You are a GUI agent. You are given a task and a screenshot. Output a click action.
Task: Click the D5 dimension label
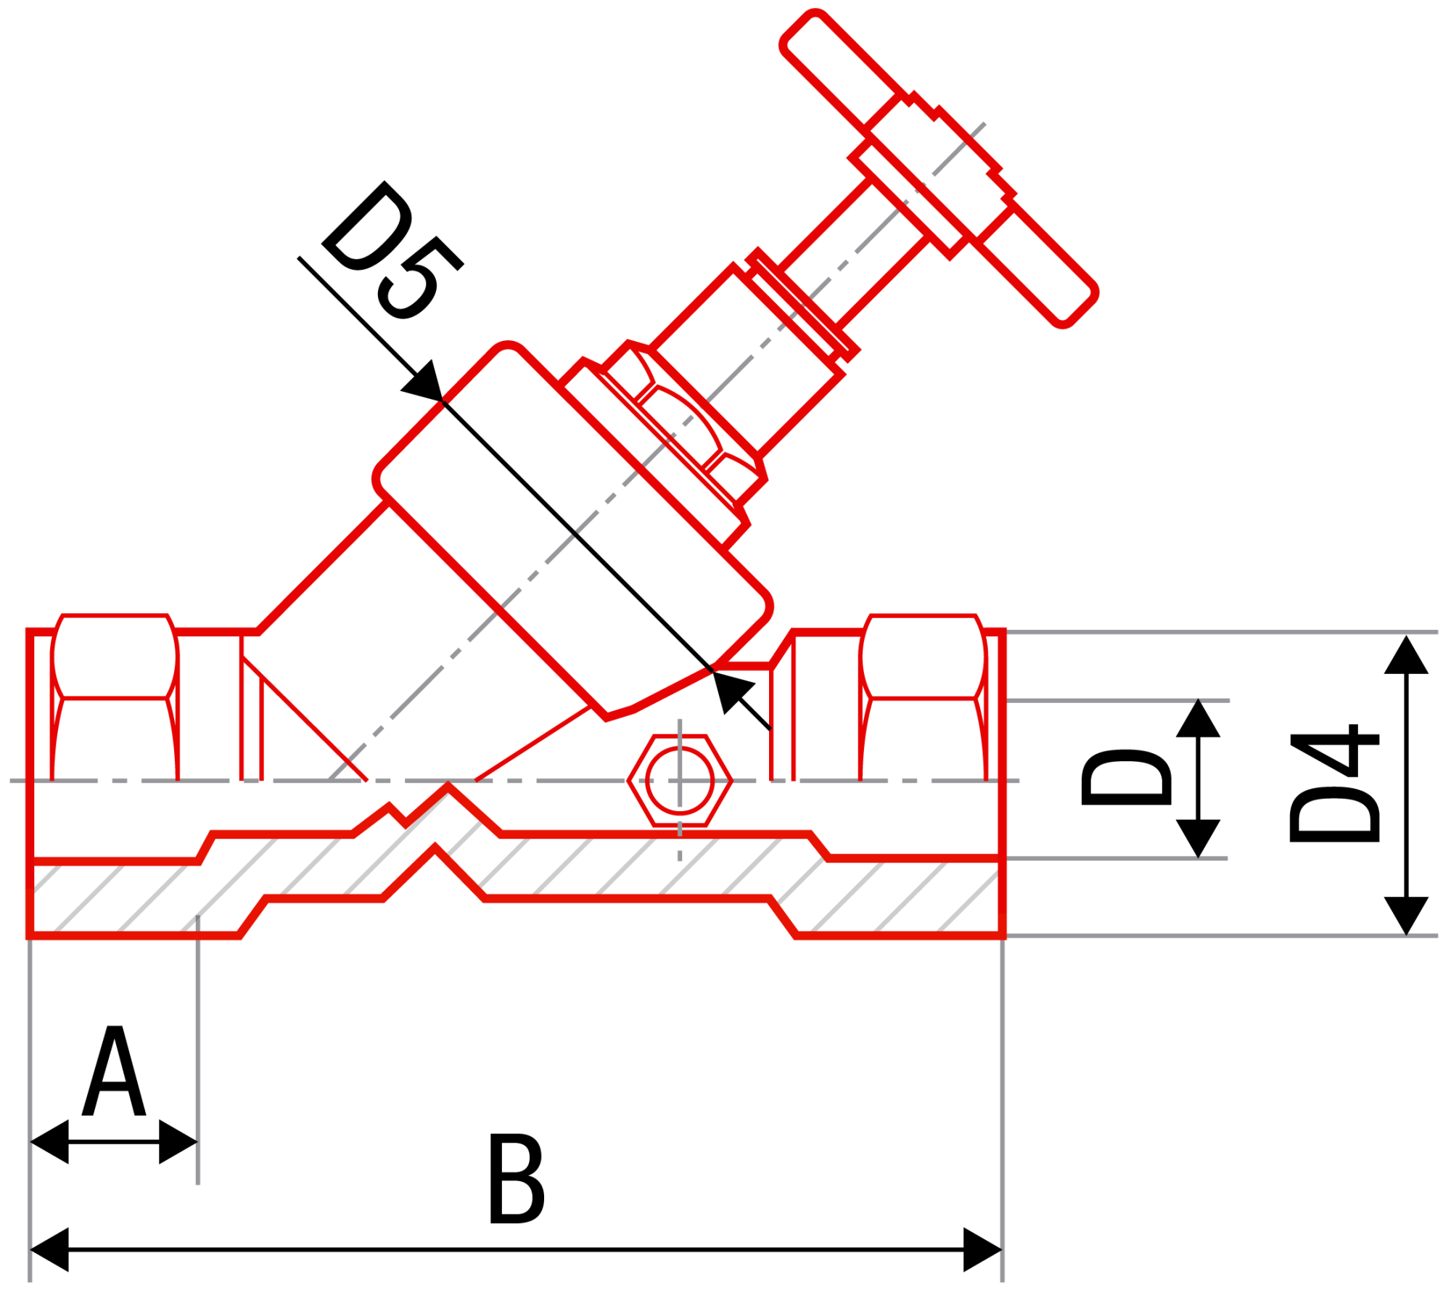(x=392, y=250)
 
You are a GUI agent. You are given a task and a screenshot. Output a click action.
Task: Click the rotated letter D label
(x=1126, y=777)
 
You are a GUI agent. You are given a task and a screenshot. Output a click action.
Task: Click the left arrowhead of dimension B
(x=49, y=1249)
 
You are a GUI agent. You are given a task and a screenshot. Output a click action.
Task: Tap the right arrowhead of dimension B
(x=982, y=1249)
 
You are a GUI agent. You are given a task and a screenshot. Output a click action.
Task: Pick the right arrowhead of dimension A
(x=178, y=1142)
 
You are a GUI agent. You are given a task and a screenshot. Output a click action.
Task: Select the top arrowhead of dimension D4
(x=1406, y=654)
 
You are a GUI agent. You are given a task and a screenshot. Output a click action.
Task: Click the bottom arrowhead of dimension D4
(x=1406, y=916)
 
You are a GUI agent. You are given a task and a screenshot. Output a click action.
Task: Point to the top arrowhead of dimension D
(x=1198, y=718)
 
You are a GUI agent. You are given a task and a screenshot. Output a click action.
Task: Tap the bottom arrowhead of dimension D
(x=1198, y=839)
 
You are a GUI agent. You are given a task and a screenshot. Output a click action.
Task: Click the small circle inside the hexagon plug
(x=680, y=781)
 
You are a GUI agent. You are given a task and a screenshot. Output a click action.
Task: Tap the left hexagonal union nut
(x=115, y=657)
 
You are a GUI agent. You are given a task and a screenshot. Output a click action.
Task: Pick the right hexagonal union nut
(x=923, y=657)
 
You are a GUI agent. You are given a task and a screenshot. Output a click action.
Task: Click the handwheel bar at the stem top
(x=940, y=168)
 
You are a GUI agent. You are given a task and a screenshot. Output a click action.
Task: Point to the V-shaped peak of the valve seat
(x=448, y=784)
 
